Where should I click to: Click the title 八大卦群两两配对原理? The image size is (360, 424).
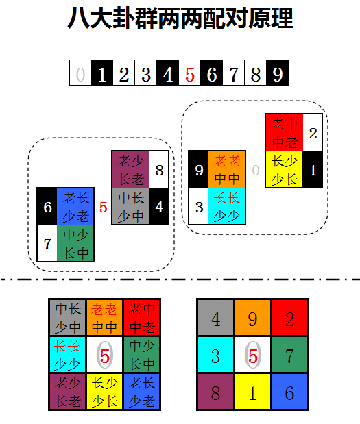point(180,18)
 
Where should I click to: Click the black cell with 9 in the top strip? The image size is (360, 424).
point(278,73)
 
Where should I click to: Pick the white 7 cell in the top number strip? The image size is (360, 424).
point(234,73)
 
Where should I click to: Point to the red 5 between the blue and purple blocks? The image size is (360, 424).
point(103,208)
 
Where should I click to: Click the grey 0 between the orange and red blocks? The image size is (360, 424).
point(256,171)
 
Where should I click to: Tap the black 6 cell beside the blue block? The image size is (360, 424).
point(47,207)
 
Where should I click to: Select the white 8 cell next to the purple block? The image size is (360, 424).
point(159,170)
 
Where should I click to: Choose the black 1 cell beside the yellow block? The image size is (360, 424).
point(313,169)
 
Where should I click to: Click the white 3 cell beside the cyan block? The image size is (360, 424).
point(199,206)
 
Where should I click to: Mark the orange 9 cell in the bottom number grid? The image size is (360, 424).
point(252,318)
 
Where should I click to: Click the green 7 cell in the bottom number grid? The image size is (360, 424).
point(289,355)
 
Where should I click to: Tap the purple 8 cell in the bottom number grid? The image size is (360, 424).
point(215,391)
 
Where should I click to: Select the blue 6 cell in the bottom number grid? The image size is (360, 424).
point(289,391)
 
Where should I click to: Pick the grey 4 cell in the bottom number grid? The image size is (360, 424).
point(215,318)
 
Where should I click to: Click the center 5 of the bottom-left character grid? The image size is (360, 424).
point(105,355)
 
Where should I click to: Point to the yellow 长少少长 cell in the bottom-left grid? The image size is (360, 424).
point(105,391)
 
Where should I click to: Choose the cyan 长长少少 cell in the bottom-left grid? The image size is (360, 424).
point(67,355)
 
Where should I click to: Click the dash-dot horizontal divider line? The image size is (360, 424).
point(180,279)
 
